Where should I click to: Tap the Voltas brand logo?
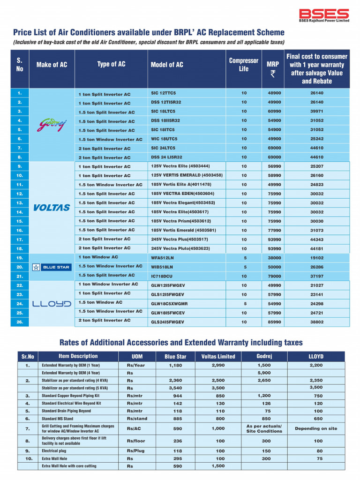pos(52,207)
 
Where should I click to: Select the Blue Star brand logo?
pos(51,267)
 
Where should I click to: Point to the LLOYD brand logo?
pos(52,303)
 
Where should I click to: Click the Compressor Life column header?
pos(243,65)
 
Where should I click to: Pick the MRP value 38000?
pos(274,258)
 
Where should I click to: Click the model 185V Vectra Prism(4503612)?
pos(181,221)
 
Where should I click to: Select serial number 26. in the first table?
pos(20,322)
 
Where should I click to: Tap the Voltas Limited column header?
pos(218,356)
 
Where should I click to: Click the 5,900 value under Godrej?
pos(264,373)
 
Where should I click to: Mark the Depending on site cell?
pos(315,428)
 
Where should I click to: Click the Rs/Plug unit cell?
pos(135,451)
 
